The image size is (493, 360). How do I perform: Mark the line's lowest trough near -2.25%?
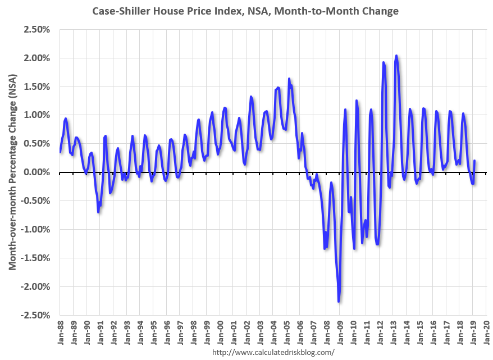[339, 302]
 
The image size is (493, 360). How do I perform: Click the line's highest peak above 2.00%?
[396, 56]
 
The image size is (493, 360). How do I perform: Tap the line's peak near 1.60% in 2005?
[289, 79]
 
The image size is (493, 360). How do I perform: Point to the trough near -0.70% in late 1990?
[98, 212]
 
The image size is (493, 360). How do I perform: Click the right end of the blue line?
[474, 161]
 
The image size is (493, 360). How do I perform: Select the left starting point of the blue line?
[60, 152]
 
